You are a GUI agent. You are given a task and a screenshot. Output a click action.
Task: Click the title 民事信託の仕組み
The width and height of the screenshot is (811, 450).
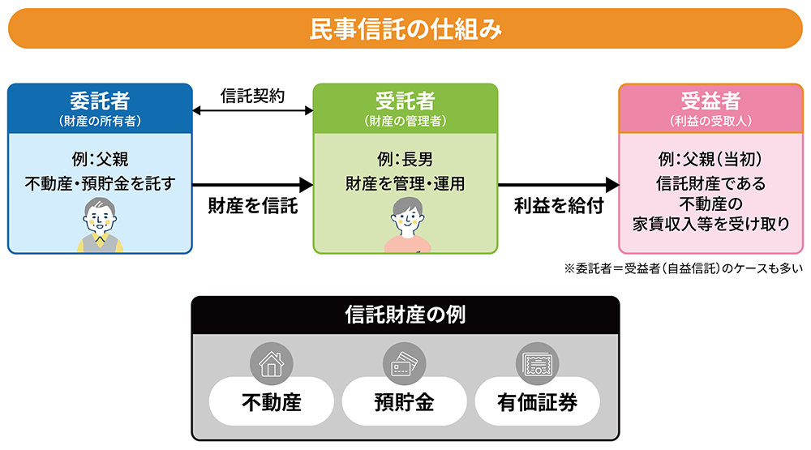tap(405, 29)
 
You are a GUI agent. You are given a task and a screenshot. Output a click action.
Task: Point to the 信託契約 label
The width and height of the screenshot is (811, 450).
tap(252, 94)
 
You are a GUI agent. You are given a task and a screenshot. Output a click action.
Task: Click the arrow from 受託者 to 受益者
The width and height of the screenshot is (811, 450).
tap(559, 185)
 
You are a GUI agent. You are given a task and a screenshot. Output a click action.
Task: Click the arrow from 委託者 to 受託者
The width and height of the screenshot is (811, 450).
tap(252, 185)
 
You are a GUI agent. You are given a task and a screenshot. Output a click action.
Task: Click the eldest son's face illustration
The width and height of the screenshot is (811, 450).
tap(405, 216)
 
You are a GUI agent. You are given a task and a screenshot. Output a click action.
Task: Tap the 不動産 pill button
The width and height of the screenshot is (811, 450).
tap(271, 401)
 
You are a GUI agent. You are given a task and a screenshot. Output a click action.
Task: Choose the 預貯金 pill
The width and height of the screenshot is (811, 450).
tap(404, 401)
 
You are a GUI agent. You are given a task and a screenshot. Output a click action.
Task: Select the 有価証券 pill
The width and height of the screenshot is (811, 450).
tap(537, 401)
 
